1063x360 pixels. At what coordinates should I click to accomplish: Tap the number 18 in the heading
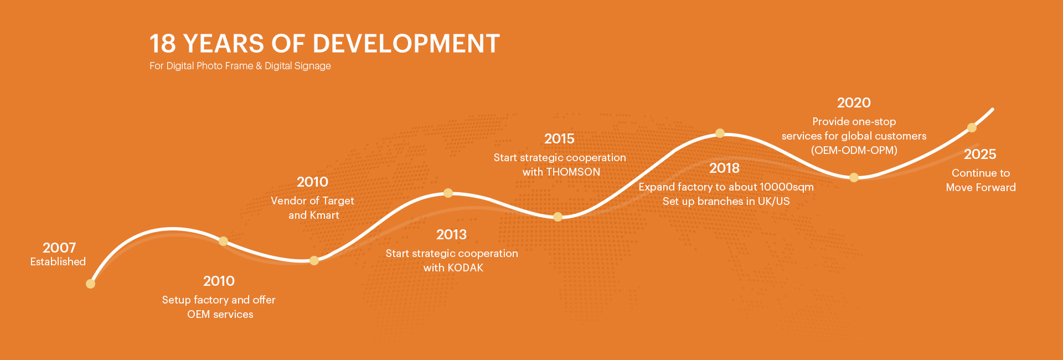[x=162, y=44]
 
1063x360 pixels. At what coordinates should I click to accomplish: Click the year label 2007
[x=59, y=248]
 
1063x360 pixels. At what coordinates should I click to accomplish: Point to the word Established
[x=58, y=261]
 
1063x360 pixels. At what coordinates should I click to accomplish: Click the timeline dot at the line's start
[x=91, y=284]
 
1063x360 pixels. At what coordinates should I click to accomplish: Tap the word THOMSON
[x=573, y=172]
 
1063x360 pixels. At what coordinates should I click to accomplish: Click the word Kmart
[x=324, y=215]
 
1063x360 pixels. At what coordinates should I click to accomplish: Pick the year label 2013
[x=451, y=234]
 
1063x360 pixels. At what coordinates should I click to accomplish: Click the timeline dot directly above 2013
[x=448, y=193]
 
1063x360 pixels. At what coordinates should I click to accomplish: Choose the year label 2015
[x=559, y=138]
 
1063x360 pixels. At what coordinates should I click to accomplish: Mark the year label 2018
[x=724, y=168]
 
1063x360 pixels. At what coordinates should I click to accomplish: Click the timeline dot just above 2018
[x=720, y=133]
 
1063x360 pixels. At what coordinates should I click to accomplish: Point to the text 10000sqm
[x=787, y=187]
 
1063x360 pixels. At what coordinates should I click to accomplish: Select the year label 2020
[x=854, y=102]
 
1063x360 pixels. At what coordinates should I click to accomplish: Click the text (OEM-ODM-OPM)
[x=854, y=150]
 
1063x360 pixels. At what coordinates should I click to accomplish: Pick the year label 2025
[x=980, y=154]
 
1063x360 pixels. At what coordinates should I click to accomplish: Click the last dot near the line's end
[x=972, y=127]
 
